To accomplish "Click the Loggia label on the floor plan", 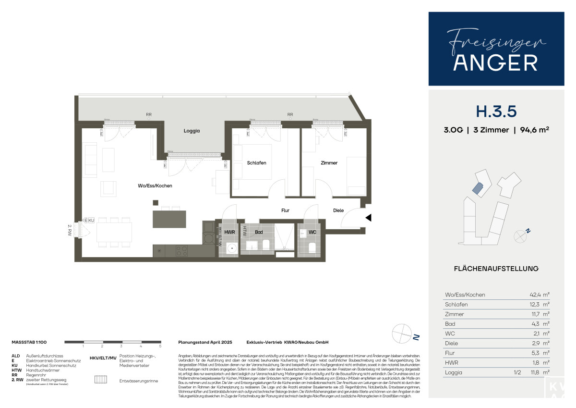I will [192, 131].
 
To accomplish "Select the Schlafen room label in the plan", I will [257, 163].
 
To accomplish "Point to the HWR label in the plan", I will [230, 232].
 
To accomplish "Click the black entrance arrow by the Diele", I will [368, 218].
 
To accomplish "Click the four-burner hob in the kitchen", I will [182, 250].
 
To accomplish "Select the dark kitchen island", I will [169, 219].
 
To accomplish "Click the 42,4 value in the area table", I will [536, 295].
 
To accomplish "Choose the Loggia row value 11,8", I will [536, 372].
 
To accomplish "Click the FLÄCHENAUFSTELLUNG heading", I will [496, 268].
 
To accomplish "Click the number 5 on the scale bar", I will [160, 346].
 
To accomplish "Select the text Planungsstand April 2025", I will [205, 342].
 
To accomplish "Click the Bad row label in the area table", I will [449, 323].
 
